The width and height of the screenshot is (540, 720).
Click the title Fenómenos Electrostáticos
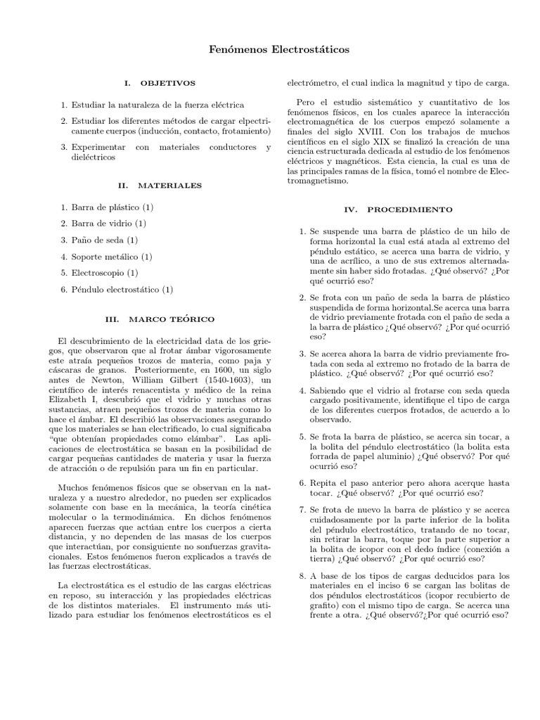(x=270, y=51)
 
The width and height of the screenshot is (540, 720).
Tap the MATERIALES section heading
(x=169, y=186)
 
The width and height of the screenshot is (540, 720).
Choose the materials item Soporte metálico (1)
(x=112, y=256)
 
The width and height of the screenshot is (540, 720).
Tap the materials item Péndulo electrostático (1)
(x=122, y=289)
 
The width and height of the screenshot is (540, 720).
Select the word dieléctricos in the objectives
(x=94, y=157)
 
